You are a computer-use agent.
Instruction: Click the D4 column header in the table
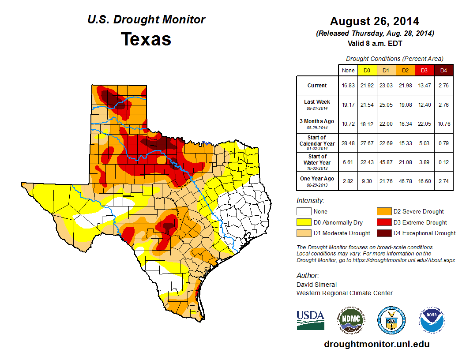443,70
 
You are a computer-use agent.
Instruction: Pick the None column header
348,70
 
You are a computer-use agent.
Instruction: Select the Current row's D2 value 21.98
406,86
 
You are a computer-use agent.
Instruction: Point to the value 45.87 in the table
386,162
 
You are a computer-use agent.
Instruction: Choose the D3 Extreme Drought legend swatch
383,222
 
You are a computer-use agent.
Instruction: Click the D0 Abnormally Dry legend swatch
304,222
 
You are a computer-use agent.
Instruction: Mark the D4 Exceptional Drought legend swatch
383,233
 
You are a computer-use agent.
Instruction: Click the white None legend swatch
304,212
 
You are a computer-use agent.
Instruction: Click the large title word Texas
146,39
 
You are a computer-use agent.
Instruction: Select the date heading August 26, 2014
375,21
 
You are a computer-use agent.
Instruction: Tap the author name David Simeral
316,285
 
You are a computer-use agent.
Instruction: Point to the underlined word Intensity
310,201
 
